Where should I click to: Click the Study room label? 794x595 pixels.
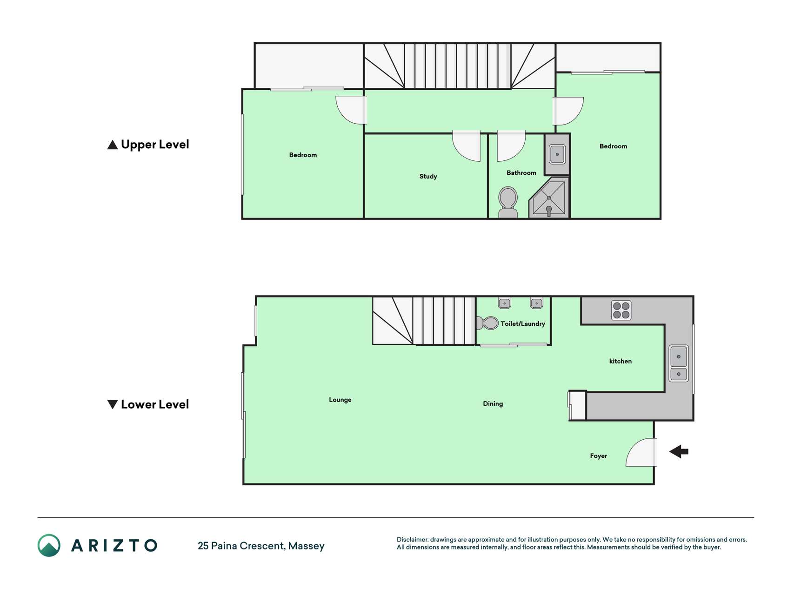click(x=428, y=177)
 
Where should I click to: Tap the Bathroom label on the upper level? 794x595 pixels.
click(x=521, y=173)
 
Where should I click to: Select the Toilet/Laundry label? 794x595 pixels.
click(x=523, y=324)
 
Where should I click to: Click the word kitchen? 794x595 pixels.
click(x=621, y=361)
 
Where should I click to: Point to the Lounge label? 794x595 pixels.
click(x=340, y=400)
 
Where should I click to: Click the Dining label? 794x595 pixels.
click(x=493, y=404)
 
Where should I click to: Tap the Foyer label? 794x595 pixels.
click(x=599, y=456)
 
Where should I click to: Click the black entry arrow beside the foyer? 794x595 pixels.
click(x=679, y=451)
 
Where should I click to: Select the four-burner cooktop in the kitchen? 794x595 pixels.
click(x=621, y=311)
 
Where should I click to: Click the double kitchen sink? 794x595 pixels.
click(x=679, y=364)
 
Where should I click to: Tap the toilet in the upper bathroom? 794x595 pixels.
click(x=508, y=203)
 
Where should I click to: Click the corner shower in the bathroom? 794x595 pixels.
click(x=549, y=198)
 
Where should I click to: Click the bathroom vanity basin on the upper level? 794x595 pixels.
click(x=557, y=154)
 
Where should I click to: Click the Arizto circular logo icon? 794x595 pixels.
click(x=49, y=545)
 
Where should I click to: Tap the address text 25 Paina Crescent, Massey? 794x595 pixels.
click(x=261, y=546)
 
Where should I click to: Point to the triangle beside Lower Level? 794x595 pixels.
click(x=112, y=404)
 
